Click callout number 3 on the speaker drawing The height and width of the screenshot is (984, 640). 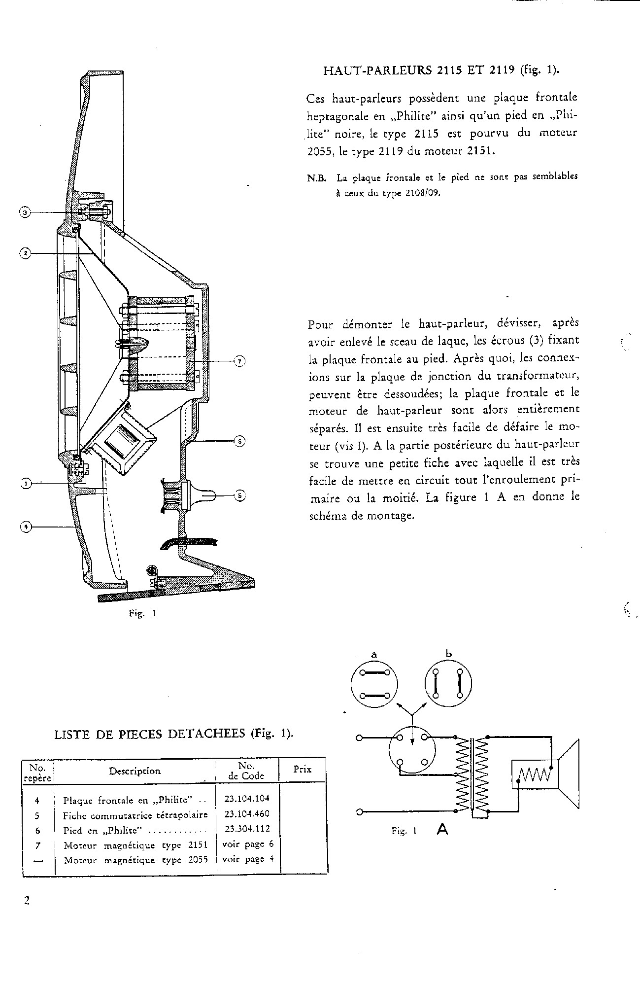coord(25,212)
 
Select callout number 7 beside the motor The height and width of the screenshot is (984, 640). coord(239,361)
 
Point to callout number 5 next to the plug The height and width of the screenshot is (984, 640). coord(239,495)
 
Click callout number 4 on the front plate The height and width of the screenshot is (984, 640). coord(25,527)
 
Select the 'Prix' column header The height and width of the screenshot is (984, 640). coord(302,770)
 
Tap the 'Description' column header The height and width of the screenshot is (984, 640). coord(135,771)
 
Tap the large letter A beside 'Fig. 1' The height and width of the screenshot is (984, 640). coord(442,830)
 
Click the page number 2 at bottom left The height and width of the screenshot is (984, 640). coord(27,901)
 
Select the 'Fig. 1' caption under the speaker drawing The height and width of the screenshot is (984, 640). coord(142,614)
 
